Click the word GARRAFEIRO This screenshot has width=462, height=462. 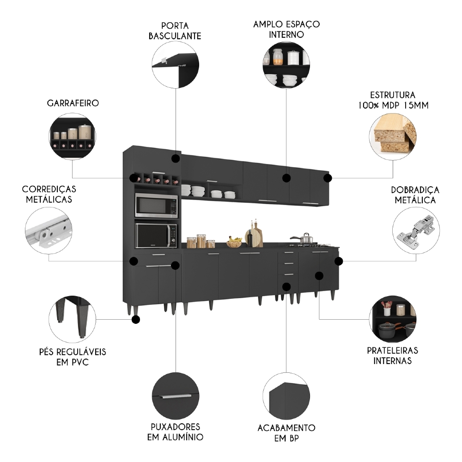(73, 103)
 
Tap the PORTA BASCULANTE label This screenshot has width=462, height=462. (175, 30)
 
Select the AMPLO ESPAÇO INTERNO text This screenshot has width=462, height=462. (286, 29)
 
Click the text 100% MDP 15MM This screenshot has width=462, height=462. (393, 105)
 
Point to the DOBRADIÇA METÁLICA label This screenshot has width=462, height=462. (415, 195)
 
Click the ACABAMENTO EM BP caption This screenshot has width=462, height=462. (286, 433)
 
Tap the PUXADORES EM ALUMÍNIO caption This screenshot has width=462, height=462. (175, 432)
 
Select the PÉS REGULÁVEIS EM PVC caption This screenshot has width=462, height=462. (73, 357)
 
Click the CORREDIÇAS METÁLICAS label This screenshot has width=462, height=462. (49, 195)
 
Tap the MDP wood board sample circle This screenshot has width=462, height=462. (393, 134)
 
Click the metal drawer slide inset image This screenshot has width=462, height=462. (49, 230)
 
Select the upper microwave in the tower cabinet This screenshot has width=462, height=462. (156, 206)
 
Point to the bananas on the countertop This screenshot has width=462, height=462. (235, 240)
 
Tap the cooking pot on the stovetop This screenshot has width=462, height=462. (306, 239)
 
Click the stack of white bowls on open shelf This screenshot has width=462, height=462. (197, 190)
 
